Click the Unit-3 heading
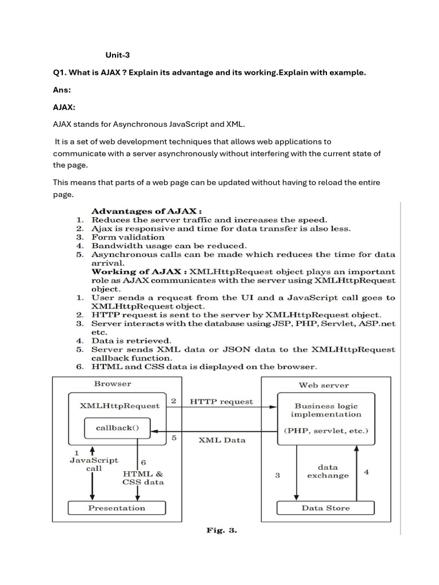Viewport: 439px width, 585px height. pos(117,55)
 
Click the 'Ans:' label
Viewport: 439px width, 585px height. pos(62,90)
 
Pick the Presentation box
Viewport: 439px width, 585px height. pos(117,508)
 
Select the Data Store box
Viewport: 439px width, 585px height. pos(326,508)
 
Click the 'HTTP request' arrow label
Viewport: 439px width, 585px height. pos(221,402)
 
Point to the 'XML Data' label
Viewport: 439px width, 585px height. pos(222,440)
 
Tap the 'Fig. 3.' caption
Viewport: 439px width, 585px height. pos(222,530)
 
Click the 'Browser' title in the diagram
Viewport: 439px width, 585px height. pos(113,384)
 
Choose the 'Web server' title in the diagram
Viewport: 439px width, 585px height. pos(324,385)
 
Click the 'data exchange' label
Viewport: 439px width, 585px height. pos(328,471)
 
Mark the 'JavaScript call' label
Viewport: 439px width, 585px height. pos(94,464)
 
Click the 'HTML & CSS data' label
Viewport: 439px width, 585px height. pos(143,478)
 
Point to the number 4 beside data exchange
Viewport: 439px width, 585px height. pos(366,472)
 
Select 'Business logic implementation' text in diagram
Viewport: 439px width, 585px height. pos(326,410)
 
